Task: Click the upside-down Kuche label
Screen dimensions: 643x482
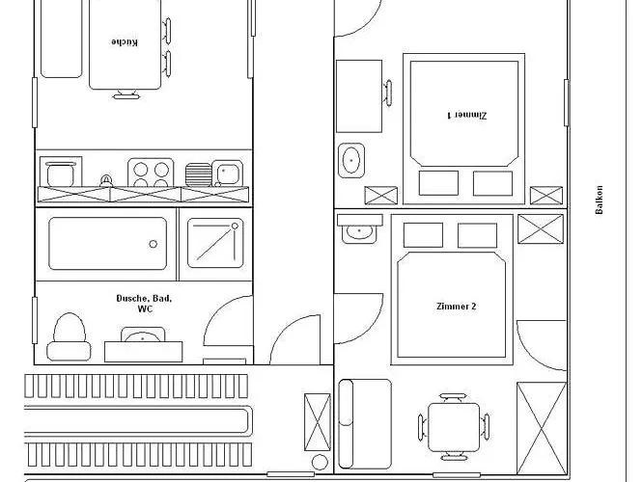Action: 125,42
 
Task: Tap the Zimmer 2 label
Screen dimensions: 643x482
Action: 456,307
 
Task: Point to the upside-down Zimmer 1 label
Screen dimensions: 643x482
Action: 466,115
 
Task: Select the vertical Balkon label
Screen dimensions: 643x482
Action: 600,200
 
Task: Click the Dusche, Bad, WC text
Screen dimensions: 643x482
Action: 145,304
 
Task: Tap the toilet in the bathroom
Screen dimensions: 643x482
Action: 69,337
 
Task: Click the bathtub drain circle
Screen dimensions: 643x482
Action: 153,244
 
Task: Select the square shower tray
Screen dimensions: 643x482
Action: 215,243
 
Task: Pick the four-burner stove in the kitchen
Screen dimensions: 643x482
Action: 151,173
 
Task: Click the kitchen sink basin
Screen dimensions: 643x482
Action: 228,174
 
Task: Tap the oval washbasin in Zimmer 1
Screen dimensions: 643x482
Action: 351,161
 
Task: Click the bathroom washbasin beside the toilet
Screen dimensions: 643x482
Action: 143,336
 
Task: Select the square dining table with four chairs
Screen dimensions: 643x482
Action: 454,427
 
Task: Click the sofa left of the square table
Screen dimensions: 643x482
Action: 365,424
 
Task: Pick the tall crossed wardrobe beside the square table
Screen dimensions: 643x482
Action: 542,429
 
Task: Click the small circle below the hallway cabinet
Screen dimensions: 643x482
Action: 320,463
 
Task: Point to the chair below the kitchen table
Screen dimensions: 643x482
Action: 126,94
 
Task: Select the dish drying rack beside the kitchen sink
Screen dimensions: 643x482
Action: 198,174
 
